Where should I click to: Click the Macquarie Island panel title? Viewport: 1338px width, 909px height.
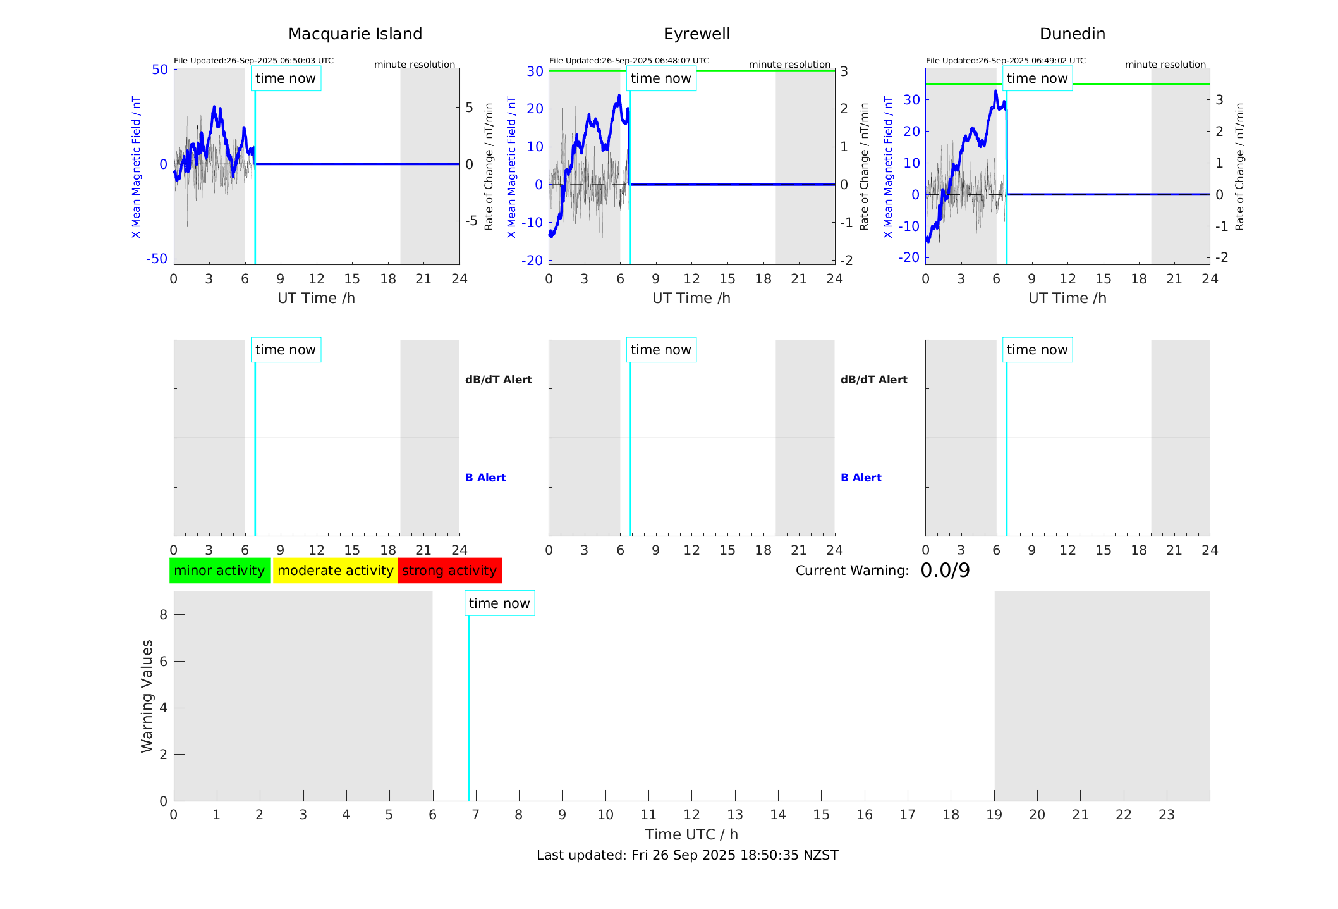click(x=355, y=34)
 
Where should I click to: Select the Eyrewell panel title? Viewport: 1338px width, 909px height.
click(x=696, y=34)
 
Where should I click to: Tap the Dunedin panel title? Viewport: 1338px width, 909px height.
click(x=1072, y=34)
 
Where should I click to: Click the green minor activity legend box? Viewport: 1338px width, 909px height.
click(x=219, y=571)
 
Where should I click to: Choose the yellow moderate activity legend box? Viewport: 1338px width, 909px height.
click(x=335, y=571)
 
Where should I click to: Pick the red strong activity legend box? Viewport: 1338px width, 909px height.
click(x=449, y=571)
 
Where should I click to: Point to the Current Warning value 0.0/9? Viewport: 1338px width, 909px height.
click(x=945, y=571)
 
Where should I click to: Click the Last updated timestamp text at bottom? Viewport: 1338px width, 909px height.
click(x=687, y=855)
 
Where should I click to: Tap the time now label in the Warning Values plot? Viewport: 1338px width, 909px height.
click(x=499, y=603)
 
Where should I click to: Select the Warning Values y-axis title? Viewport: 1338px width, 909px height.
click(x=147, y=696)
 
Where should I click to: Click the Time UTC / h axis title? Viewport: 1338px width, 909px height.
click(x=691, y=834)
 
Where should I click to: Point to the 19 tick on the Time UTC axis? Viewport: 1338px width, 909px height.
click(x=994, y=815)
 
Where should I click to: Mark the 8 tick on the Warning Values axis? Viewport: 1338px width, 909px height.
click(x=163, y=614)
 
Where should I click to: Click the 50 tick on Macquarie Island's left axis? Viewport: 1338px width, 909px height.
click(x=160, y=70)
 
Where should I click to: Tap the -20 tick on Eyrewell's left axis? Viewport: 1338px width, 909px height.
click(x=532, y=261)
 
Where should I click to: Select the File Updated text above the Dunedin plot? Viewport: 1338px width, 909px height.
click(x=1005, y=61)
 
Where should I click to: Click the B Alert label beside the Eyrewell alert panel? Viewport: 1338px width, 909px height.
click(x=861, y=478)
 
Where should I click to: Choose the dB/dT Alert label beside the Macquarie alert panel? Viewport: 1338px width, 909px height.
click(x=498, y=380)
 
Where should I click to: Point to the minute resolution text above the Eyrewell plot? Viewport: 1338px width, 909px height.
click(x=789, y=65)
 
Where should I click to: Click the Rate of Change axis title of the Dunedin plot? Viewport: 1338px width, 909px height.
click(x=1239, y=166)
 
